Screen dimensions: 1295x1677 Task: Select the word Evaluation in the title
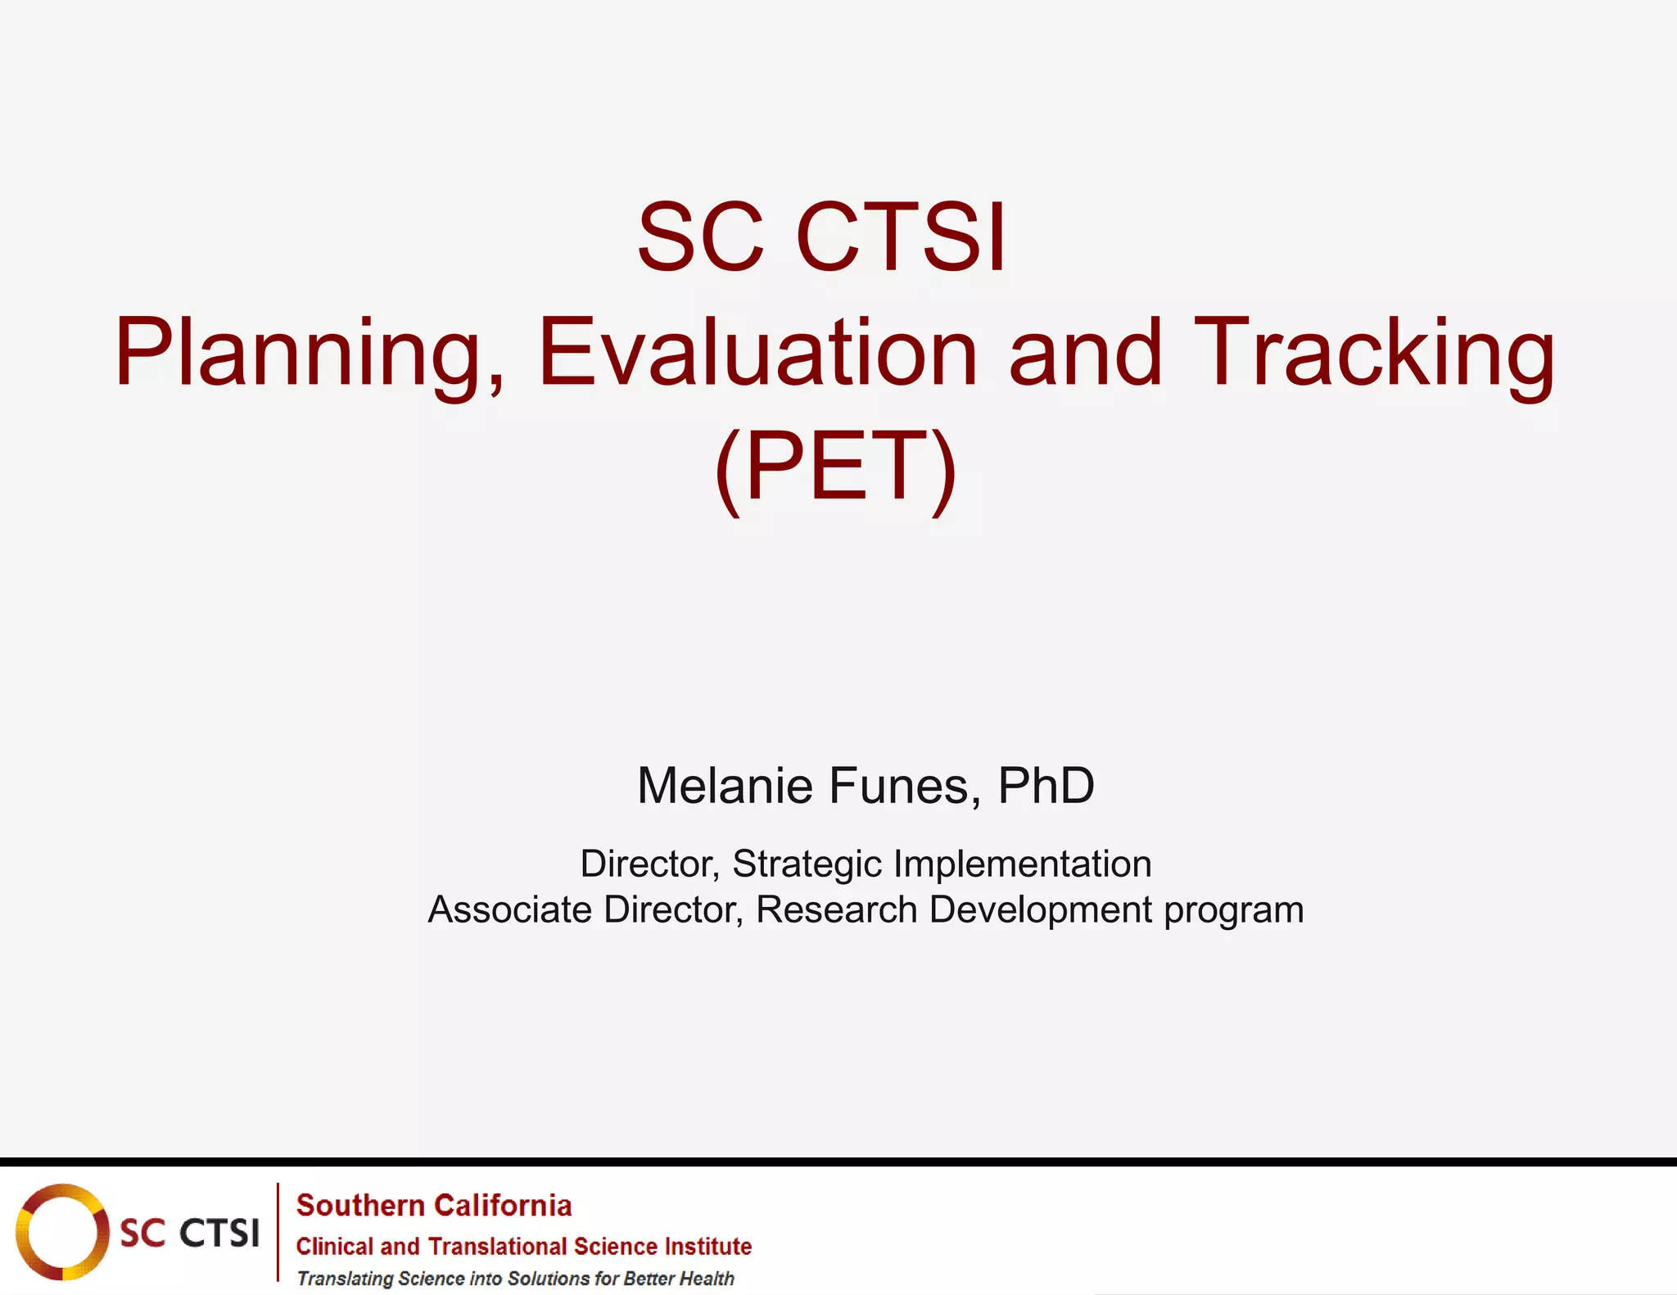pyautogui.click(x=757, y=354)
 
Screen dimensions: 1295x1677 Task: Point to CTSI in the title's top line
pyautogui.click(x=901, y=238)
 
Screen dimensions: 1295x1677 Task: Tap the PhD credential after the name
pyautogui.click(x=1046, y=786)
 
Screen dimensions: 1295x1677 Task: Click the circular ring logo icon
pyautogui.click(x=62, y=1232)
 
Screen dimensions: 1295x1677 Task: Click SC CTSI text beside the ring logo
pyautogui.click(x=189, y=1233)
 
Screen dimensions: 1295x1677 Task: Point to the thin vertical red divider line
pyautogui.click(x=278, y=1232)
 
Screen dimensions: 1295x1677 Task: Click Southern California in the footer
pyautogui.click(x=434, y=1206)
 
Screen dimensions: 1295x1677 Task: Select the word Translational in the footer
pyautogui.click(x=498, y=1247)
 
